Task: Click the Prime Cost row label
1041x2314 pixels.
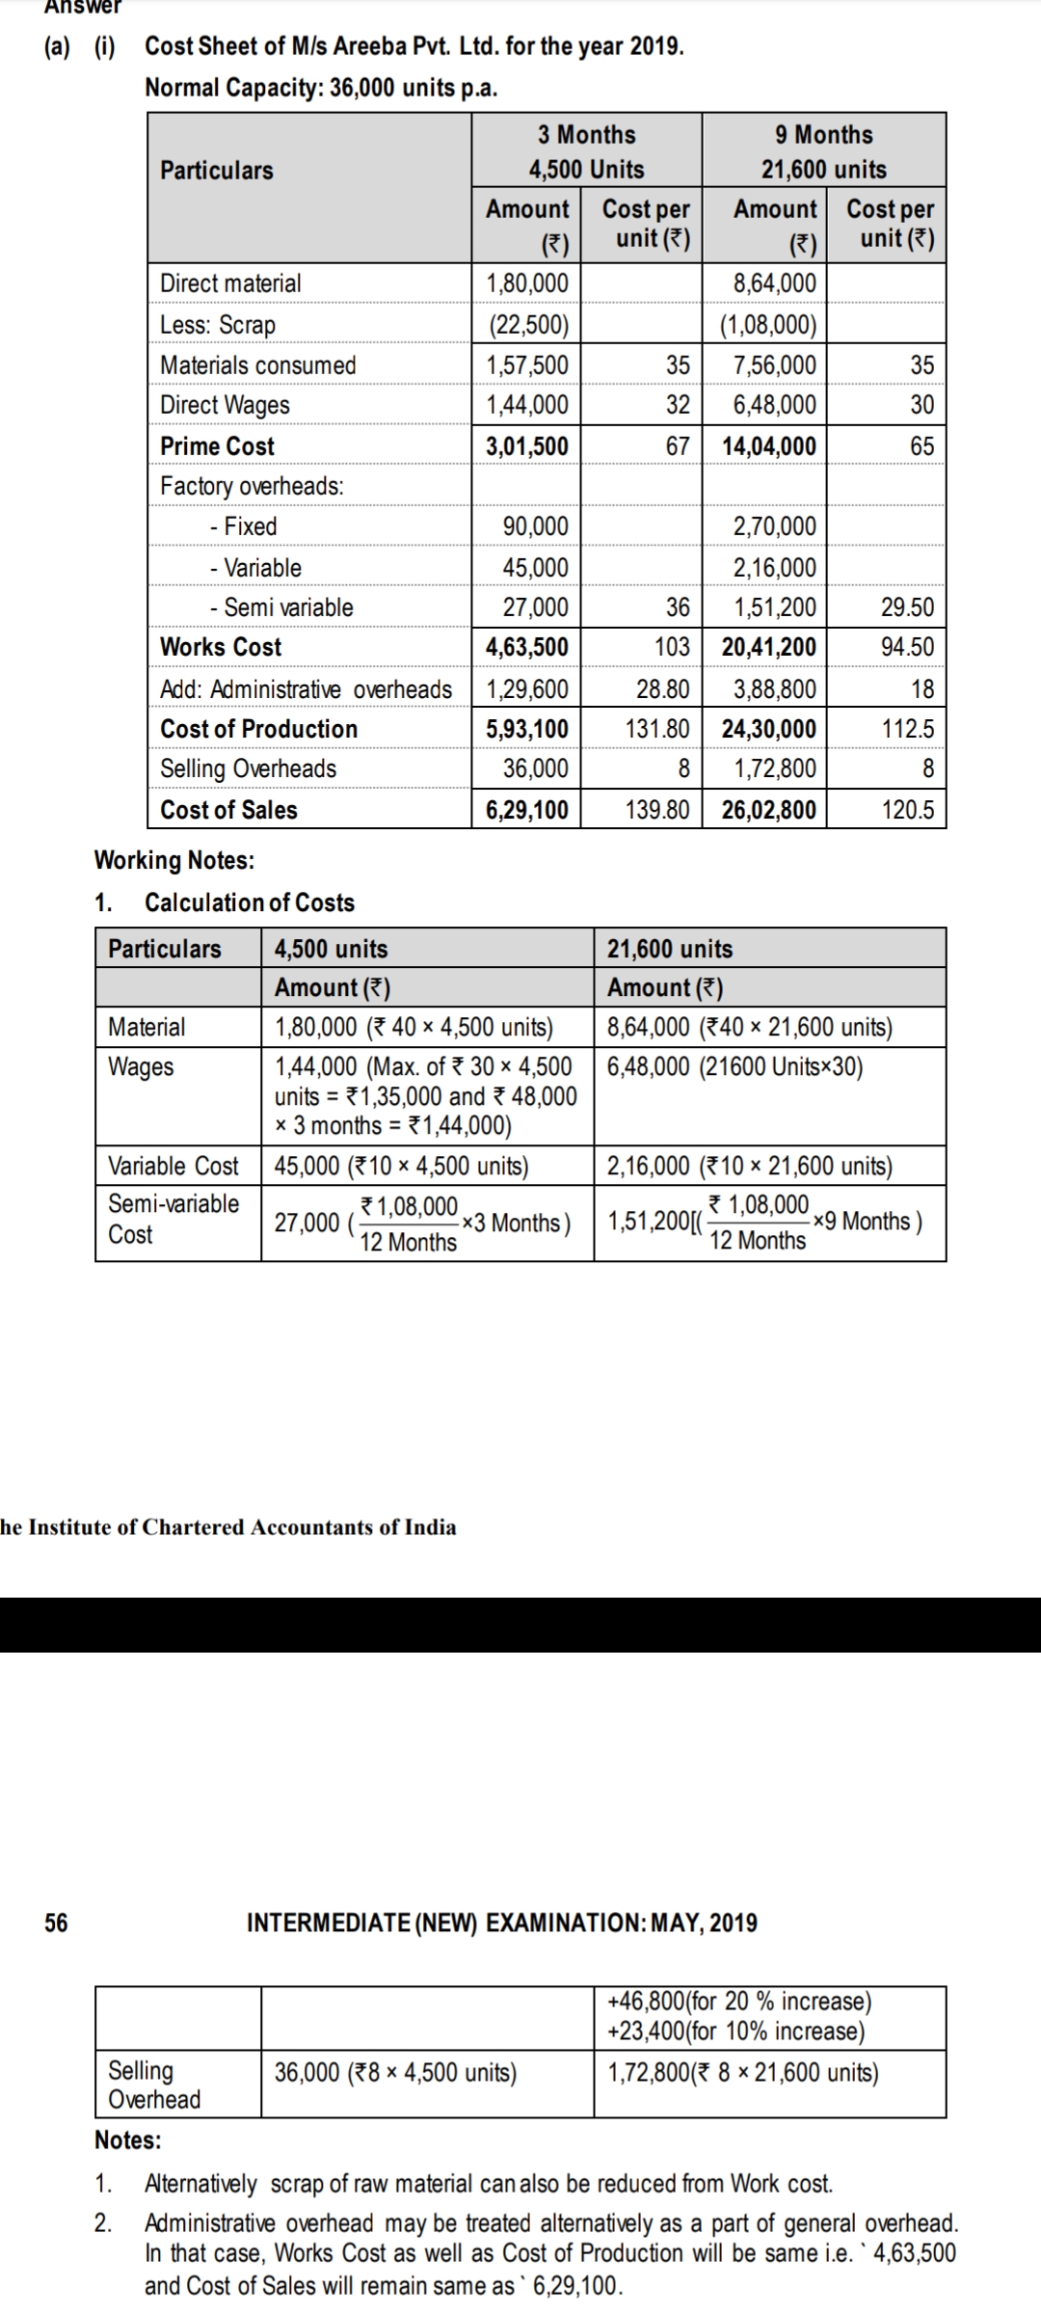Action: [217, 446]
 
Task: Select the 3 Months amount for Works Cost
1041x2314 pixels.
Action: [526, 647]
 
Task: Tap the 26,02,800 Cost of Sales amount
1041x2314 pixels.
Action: [769, 810]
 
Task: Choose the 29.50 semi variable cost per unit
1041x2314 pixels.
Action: [907, 607]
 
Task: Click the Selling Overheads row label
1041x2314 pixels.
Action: [248, 768]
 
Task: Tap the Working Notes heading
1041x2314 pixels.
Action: [174, 860]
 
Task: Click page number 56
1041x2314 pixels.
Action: [57, 1923]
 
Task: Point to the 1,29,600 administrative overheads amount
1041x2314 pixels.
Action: [526, 689]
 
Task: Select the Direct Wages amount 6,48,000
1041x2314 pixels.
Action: [774, 405]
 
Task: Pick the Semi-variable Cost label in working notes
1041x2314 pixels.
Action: [173, 1219]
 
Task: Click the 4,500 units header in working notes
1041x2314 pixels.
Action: [332, 949]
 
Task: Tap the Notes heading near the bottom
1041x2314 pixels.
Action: [128, 2140]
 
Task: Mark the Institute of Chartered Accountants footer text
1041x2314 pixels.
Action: [228, 1527]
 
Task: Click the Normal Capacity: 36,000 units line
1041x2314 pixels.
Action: [321, 88]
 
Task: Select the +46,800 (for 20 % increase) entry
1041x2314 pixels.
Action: [739, 2001]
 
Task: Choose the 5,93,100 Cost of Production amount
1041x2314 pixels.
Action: [526, 729]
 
